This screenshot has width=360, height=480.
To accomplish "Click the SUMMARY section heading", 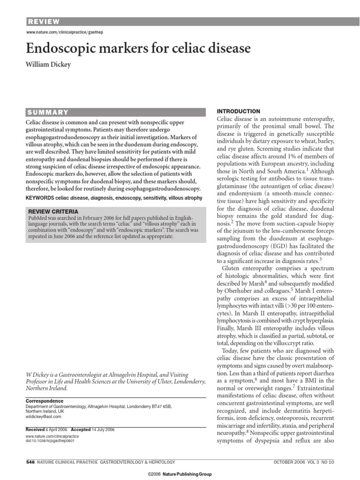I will (48, 112).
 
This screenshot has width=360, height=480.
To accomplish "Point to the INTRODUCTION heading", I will (238, 111).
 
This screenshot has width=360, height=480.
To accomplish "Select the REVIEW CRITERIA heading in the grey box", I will (52, 211).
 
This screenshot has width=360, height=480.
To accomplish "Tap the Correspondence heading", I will (44, 401).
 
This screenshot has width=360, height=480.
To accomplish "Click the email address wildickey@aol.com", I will (43, 416).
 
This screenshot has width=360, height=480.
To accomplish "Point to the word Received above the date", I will (34, 429).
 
